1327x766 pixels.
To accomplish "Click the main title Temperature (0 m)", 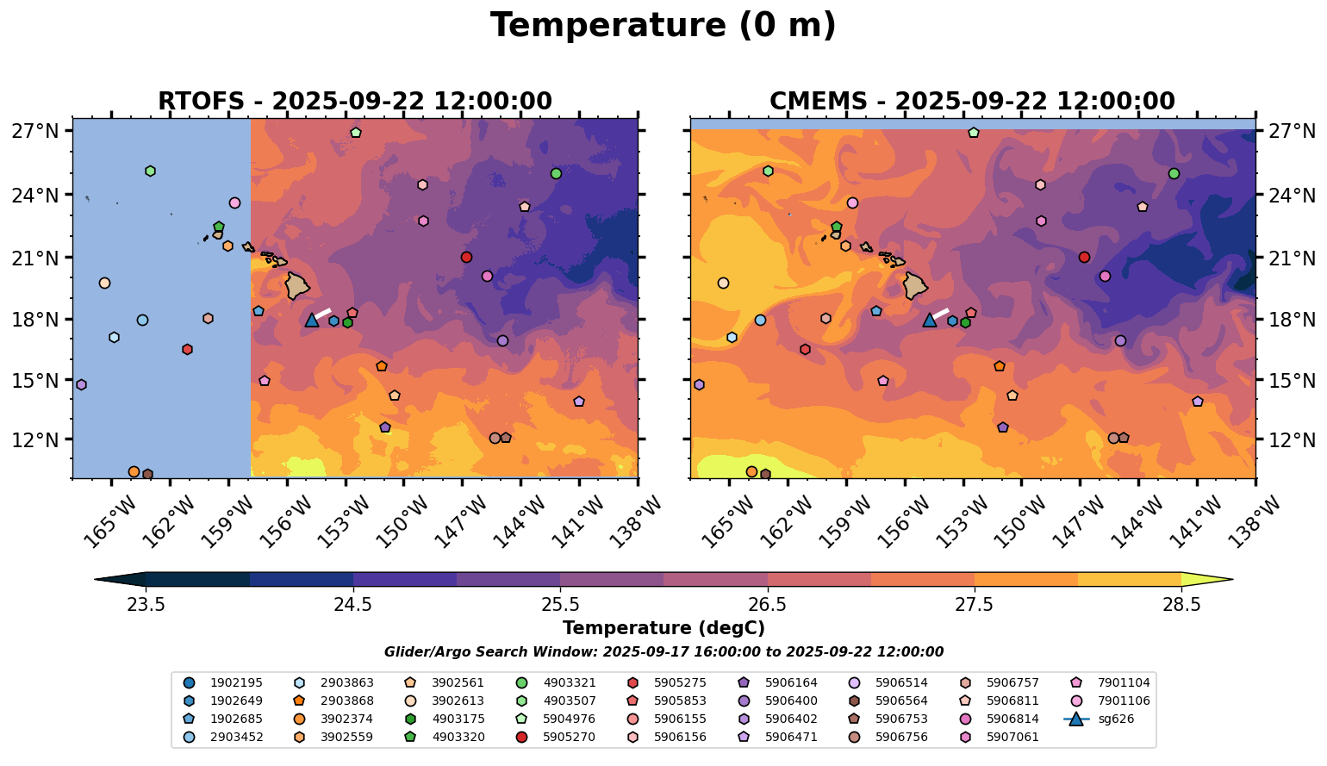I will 663,26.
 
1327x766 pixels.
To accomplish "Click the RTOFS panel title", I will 354,102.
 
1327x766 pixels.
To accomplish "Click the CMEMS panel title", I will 971,102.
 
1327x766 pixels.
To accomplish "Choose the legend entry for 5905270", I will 570,737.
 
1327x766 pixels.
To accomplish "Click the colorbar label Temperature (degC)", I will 663,628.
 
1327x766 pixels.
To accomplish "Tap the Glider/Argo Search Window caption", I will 663,652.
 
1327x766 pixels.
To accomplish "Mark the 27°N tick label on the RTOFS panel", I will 35,132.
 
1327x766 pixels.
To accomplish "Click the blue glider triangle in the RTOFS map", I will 312,320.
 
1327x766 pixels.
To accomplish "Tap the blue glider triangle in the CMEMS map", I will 929,320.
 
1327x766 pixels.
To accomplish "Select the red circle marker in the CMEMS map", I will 1084,257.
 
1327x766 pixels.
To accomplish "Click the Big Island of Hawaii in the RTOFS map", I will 297,285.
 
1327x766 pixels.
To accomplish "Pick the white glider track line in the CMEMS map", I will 941,312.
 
